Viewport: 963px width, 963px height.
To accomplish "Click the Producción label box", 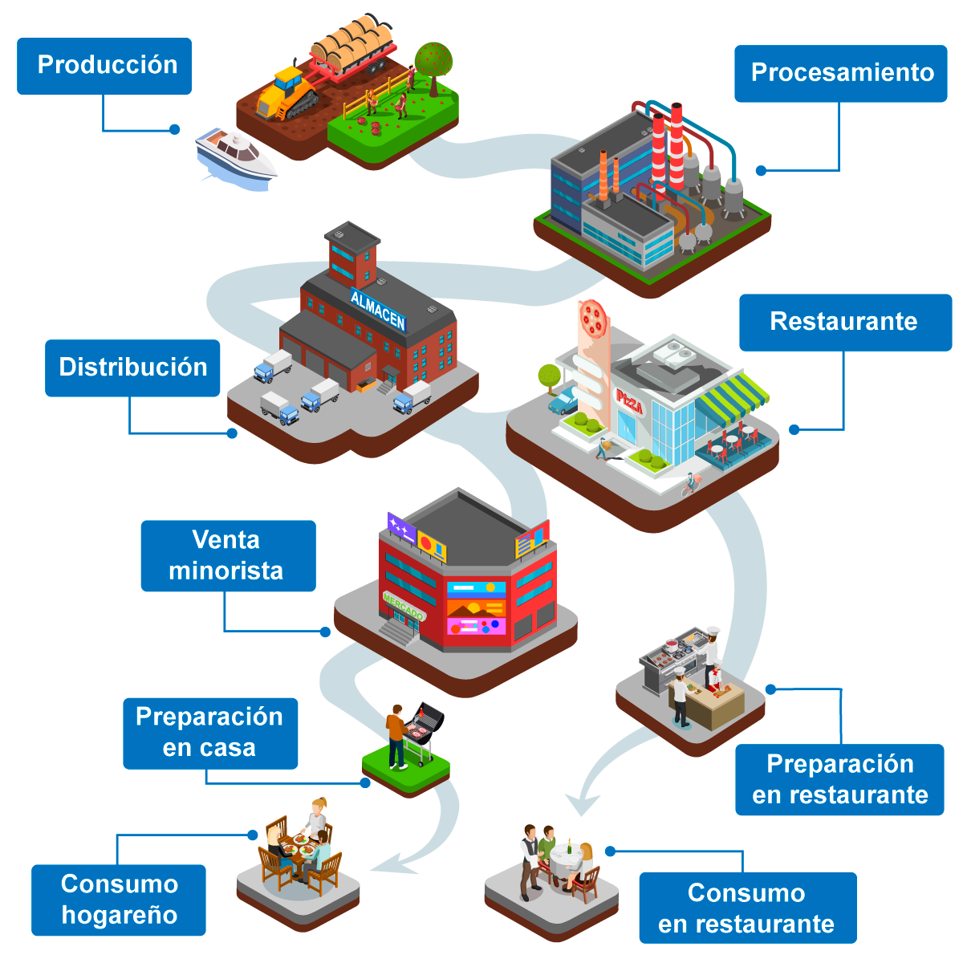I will coord(104,66).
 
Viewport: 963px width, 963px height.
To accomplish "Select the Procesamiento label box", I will coord(841,73).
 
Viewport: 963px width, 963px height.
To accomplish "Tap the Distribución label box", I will coord(132,368).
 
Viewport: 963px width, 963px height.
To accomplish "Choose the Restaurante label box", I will coord(845,322).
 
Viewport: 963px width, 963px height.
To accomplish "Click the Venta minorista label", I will coord(228,555).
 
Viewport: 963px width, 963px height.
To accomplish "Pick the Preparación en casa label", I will coord(210,733).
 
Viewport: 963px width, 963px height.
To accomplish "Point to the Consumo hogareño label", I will coord(119,900).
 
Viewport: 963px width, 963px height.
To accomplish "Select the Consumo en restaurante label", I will coord(747,908).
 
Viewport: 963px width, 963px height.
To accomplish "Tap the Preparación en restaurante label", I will coord(839,779).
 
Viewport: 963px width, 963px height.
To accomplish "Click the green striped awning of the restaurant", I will coord(732,396).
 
